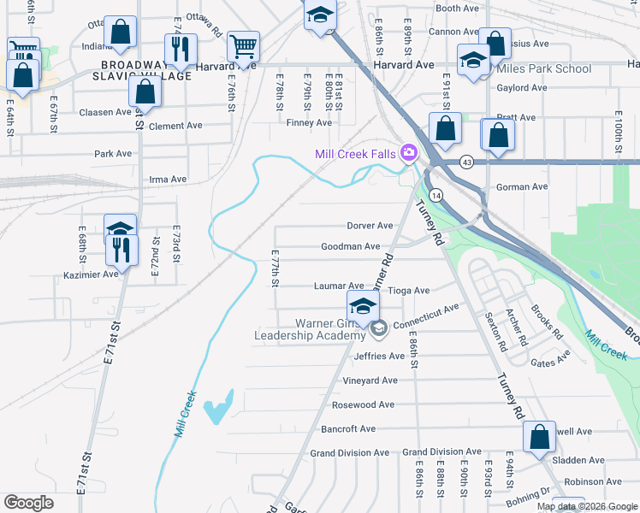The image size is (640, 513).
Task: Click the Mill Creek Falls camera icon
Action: [408, 153]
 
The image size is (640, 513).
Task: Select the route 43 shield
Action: [466, 161]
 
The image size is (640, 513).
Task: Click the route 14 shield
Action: [436, 195]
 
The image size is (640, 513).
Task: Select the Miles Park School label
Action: [542, 68]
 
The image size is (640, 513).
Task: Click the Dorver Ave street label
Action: [370, 226]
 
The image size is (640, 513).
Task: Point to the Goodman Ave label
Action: [350, 246]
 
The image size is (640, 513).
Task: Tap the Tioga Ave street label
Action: [409, 291]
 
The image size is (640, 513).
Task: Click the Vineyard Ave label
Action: [370, 380]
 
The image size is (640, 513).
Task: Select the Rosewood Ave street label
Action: [363, 404]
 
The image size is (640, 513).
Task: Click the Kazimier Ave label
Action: [91, 274]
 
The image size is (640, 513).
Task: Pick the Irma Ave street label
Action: [168, 180]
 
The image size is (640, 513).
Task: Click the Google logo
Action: [28, 503]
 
